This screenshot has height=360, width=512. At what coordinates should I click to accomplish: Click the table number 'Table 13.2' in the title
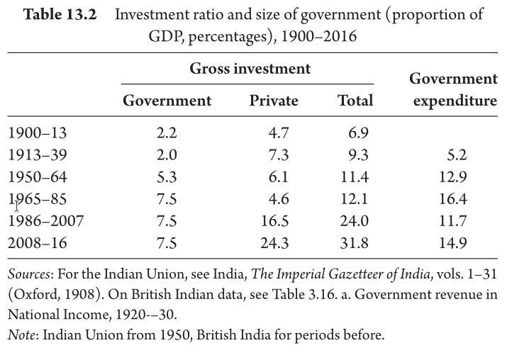(x=60, y=15)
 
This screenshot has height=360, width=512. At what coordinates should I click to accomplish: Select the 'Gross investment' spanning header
(x=250, y=69)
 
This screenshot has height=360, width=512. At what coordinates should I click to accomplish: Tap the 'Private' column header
(x=274, y=100)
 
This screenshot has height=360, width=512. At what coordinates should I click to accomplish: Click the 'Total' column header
(x=355, y=100)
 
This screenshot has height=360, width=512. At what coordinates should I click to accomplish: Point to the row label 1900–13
(x=37, y=133)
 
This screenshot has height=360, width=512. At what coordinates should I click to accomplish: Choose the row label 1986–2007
(x=45, y=221)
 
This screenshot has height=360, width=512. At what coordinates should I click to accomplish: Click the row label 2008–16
(x=37, y=243)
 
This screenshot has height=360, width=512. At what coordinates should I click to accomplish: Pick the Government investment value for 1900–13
(x=167, y=133)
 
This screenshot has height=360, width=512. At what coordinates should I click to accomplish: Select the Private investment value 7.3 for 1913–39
(x=279, y=154)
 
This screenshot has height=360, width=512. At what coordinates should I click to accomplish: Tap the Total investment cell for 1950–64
(x=355, y=177)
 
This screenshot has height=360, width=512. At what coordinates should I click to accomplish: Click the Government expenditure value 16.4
(x=452, y=198)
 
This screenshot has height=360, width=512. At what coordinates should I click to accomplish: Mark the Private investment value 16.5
(x=274, y=221)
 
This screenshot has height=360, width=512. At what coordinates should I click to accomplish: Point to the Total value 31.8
(x=355, y=243)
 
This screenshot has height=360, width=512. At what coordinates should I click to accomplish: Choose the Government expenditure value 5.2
(x=457, y=154)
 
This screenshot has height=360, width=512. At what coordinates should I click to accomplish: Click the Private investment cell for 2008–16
(x=274, y=243)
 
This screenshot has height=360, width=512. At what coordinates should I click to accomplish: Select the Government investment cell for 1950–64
(x=167, y=177)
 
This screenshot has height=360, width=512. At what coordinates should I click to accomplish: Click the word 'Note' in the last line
(x=21, y=335)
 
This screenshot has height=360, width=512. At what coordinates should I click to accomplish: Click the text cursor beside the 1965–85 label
(x=16, y=206)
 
